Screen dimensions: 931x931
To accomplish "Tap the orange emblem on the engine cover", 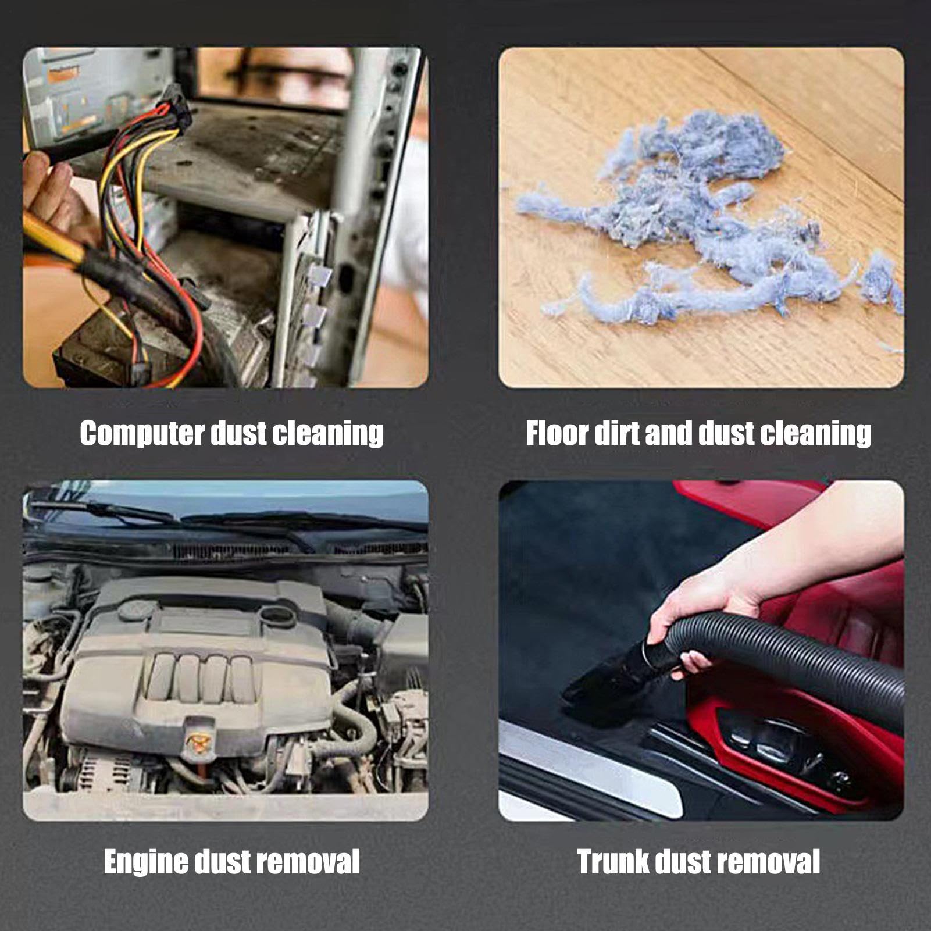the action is tap(198, 741).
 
